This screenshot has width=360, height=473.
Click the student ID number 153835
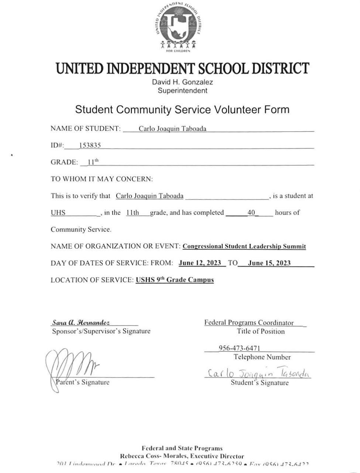click(90, 146)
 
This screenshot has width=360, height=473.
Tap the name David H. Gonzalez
click(182, 82)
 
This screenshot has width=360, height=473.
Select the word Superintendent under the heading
click(182, 91)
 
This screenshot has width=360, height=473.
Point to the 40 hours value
click(251, 213)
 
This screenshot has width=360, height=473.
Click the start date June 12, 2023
click(200, 263)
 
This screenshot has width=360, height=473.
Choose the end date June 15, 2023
click(269, 263)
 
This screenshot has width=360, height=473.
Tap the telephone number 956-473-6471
click(239, 348)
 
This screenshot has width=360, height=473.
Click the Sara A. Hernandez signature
click(81, 323)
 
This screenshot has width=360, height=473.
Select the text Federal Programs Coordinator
click(249, 323)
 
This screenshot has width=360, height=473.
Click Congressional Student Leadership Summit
click(244, 246)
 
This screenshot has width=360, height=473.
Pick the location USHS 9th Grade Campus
click(175, 280)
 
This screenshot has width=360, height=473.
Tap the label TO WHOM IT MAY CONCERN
click(102, 179)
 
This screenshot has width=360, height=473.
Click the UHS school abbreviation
click(58, 213)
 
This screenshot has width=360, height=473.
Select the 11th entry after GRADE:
click(93, 162)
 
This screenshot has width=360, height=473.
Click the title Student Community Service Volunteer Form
click(182, 110)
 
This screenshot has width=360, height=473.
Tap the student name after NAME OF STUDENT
click(172, 129)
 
